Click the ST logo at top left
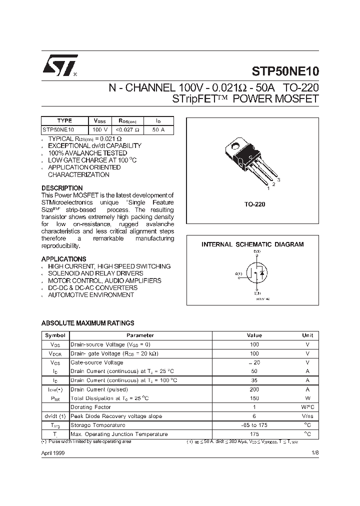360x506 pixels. click(x=58, y=66)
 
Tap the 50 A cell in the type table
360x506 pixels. click(x=158, y=129)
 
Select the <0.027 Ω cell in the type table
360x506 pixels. click(x=128, y=129)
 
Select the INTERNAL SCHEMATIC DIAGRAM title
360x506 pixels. click(x=252, y=244)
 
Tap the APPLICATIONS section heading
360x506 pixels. click(x=63, y=259)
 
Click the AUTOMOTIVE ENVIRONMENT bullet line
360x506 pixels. click(x=90, y=295)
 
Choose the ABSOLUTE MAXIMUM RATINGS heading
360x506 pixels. click(x=87, y=323)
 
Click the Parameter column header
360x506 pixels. click(x=140, y=335)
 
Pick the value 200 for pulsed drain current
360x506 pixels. click(x=254, y=389)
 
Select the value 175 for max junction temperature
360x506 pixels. click(x=254, y=434)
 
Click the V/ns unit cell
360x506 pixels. click(x=307, y=416)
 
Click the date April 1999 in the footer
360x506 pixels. click(x=52, y=452)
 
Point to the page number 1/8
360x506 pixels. click(x=314, y=452)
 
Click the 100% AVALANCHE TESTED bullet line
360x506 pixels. click(x=87, y=153)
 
